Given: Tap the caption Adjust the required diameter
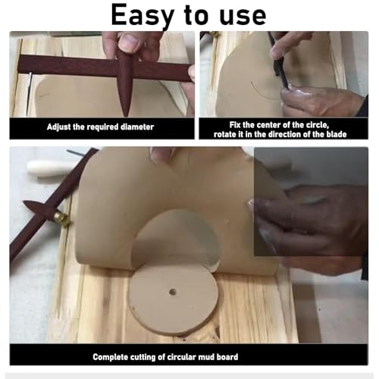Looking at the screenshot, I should [101, 127].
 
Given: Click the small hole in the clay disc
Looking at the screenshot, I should [172, 291].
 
